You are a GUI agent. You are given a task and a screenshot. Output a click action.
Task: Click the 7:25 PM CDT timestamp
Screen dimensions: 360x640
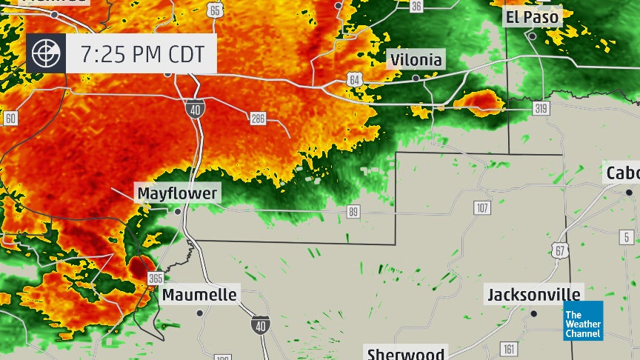141,53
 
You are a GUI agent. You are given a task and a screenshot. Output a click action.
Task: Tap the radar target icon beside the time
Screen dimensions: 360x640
46,53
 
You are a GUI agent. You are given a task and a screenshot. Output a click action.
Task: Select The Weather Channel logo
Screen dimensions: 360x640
583,321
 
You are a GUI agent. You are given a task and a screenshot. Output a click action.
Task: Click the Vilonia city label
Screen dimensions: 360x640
416,60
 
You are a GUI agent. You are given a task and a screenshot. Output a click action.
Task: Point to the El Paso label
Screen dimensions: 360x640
532,17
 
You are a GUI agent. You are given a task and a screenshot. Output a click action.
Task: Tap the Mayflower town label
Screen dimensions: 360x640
177,193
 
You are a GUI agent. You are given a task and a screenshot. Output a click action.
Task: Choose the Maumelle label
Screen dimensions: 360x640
200,295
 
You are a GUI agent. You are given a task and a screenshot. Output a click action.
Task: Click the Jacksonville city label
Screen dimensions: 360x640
533,295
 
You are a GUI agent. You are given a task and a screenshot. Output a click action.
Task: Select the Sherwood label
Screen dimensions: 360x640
407,353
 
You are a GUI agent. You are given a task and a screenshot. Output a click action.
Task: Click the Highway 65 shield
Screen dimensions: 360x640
215,10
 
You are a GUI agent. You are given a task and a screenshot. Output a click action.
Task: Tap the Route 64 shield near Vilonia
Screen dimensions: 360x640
353,79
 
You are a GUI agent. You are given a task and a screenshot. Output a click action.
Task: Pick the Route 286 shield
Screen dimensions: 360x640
258,118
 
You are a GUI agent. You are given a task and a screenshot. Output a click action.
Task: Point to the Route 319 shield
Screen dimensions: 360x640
541,108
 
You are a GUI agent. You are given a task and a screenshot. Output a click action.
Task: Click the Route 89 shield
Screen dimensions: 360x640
353,213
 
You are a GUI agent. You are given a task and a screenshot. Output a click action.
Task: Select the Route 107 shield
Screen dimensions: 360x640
482,208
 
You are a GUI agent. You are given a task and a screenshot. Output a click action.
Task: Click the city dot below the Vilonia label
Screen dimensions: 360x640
416,77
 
